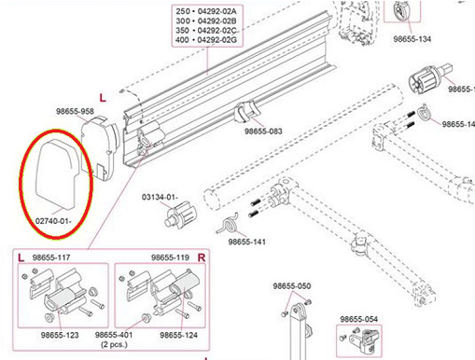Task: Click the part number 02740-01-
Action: (x=53, y=221)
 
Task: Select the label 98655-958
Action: (x=75, y=111)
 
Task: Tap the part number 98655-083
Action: (x=263, y=132)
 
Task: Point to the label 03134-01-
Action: (x=160, y=197)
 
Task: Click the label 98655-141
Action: (x=247, y=242)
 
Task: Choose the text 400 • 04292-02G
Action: (x=206, y=40)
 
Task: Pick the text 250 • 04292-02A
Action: (x=206, y=11)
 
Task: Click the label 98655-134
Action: (x=412, y=39)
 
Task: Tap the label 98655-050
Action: (x=292, y=285)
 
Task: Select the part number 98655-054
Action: (x=358, y=319)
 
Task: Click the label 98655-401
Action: (x=114, y=335)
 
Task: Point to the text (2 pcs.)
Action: (x=114, y=344)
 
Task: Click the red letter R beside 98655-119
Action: (x=202, y=257)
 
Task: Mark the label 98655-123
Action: (x=60, y=335)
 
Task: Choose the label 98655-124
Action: (x=178, y=335)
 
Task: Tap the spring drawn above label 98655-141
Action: (x=229, y=223)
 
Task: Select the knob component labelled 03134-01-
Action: (x=180, y=214)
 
